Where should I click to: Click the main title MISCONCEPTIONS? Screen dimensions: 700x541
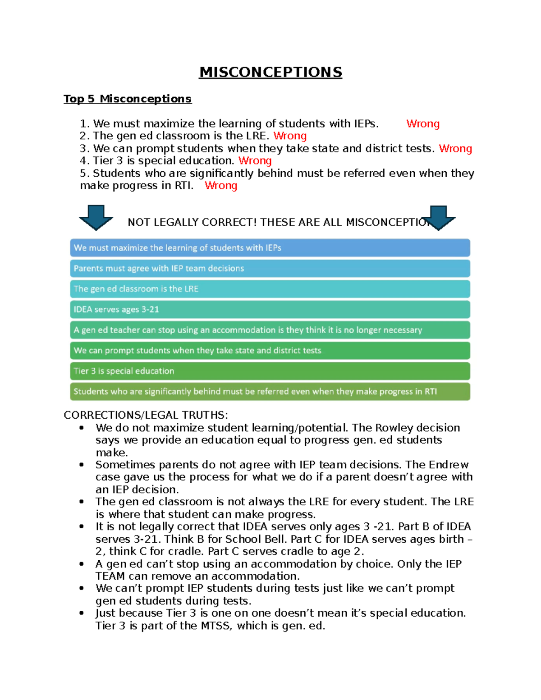(x=270, y=72)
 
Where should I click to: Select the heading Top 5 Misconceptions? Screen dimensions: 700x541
(x=128, y=99)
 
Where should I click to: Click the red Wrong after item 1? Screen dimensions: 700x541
(x=422, y=124)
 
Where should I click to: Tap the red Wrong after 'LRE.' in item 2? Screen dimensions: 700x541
(x=290, y=136)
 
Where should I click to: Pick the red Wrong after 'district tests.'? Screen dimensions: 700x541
(x=455, y=148)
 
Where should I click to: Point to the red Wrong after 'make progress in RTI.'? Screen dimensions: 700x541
(x=221, y=185)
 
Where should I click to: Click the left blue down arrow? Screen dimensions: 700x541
(x=96, y=217)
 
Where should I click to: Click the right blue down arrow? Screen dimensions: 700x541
(x=438, y=218)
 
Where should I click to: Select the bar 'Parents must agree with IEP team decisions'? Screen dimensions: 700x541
(x=270, y=268)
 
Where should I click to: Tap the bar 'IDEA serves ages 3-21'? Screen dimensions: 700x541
(x=270, y=309)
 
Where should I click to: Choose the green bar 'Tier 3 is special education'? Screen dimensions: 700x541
(x=270, y=371)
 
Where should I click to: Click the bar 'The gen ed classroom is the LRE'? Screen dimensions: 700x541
(x=270, y=289)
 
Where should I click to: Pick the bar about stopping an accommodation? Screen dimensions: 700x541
(x=270, y=330)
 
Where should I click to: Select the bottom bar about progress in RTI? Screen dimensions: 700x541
(x=270, y=391)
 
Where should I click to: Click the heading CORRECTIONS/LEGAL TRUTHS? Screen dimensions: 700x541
(x=146, y=415)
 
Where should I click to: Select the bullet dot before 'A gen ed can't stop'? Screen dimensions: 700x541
(x=82, y=564)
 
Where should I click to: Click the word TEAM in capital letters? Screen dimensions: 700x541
(x=110, y=576)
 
